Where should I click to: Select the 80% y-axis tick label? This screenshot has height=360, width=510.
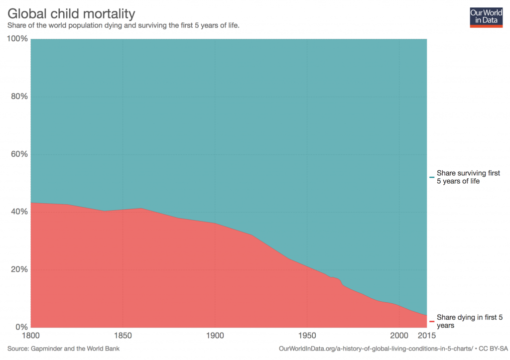[18, 96]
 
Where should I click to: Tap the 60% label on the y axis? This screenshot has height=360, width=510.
[18, 154]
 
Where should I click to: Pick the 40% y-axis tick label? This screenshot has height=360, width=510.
[18, 212]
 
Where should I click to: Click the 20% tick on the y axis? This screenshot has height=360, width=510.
[18, 269]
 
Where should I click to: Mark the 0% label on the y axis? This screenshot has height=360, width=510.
[20, 327]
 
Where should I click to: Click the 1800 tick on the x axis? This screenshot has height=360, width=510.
[31, 336]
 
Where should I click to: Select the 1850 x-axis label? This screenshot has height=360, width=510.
[123, 336]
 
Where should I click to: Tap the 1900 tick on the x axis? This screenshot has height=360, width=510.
[215, 336]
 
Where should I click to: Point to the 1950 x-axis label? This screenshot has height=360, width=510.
[307, 336]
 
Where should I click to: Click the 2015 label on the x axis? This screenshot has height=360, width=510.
[426, 336]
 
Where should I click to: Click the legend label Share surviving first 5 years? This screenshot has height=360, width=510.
[468, 177]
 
